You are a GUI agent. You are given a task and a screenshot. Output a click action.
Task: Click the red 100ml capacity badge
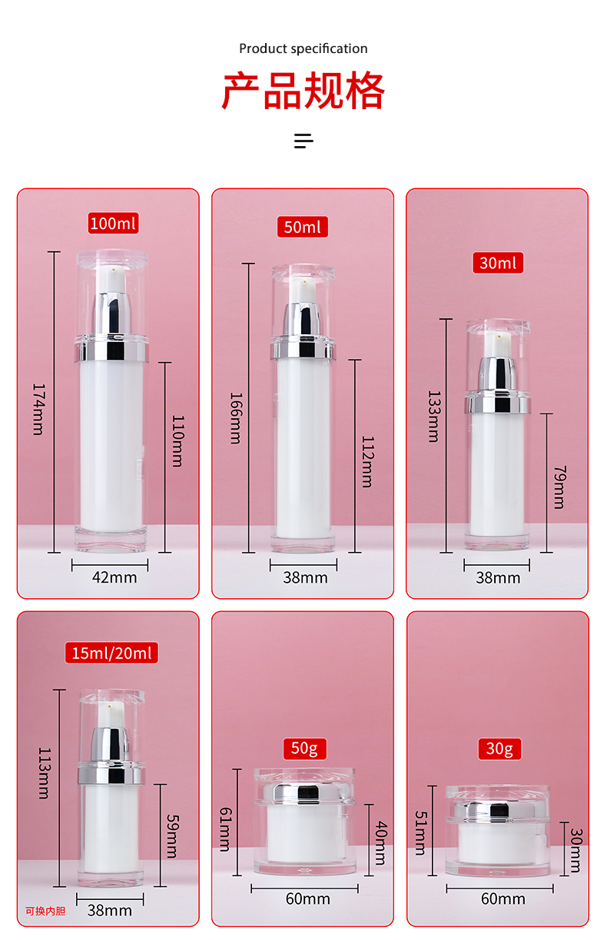pos(113,223)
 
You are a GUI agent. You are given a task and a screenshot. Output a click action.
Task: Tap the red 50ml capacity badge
pos(303,227)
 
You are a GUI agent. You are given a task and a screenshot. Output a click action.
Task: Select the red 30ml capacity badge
pos(498,263)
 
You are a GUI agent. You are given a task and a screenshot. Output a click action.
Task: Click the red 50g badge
pos(304,749)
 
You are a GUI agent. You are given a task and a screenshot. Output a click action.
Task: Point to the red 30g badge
pos(499,749)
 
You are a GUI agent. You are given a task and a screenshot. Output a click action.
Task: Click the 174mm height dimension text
pos(38,409)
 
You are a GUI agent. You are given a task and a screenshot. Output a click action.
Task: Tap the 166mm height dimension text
pos(236,418)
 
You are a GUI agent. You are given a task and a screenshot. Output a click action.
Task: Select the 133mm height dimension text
pos(434,417)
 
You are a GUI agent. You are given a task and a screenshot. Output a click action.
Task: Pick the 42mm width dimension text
pos(114,577)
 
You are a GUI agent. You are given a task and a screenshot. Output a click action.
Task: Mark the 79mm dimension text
pos(560,487)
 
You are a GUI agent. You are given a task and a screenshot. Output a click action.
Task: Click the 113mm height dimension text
pos(45,773)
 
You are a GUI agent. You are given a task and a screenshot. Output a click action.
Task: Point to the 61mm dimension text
pos(225,829)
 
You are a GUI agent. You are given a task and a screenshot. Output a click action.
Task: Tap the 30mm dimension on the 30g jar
pos(576,850)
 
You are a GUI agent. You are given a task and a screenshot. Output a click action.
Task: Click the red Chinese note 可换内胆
pos(45,911)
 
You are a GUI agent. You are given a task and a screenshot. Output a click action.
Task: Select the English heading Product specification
pos(303,48)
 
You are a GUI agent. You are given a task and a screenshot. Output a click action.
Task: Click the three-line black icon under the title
pos(303,141)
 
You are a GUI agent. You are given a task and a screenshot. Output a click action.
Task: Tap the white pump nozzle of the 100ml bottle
pos(111,279)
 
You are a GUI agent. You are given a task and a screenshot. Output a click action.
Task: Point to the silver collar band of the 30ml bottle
pos(498,405)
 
